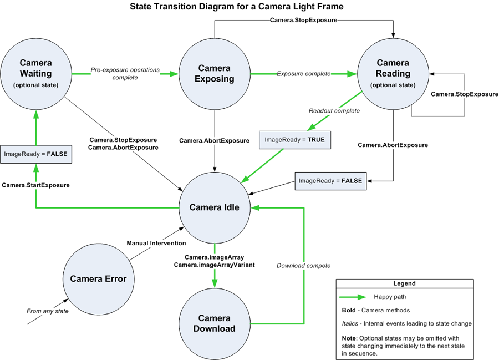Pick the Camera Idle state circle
tap(215, 207)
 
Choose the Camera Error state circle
tap(99, 279)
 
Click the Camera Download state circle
tap(215, 323)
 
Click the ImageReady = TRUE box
tap(295, 140)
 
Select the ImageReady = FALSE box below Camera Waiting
tap(35, 154)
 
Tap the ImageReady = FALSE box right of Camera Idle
tap(330, 181)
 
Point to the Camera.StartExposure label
tap(35, 185)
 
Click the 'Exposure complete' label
tap(303, 74)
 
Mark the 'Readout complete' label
tap(334, 111)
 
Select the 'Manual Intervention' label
tap(156, 243)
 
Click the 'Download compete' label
tap(303, 265)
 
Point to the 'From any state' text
tap(48, 311)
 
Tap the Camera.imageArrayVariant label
tap(214, 265)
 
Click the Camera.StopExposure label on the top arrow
tap(303, 21)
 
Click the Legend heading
tap(404, 283)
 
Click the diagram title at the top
tap(237, 7)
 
